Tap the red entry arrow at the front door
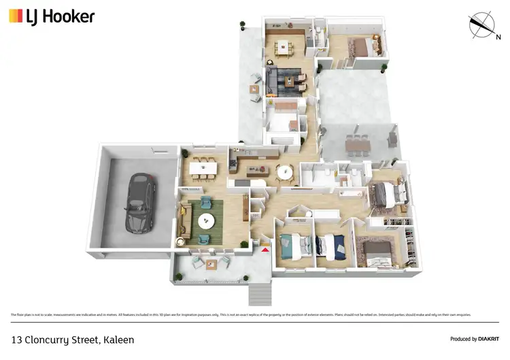click(x=265, y=250)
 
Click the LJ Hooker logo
click(x=52, y=17)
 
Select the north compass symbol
click(x=483, y=25)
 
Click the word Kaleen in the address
click(x=117, y=338)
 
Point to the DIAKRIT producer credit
click(x=474, y=338)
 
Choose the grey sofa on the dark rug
click(x=279, y=82)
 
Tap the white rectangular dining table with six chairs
click(x=203, y=166)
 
